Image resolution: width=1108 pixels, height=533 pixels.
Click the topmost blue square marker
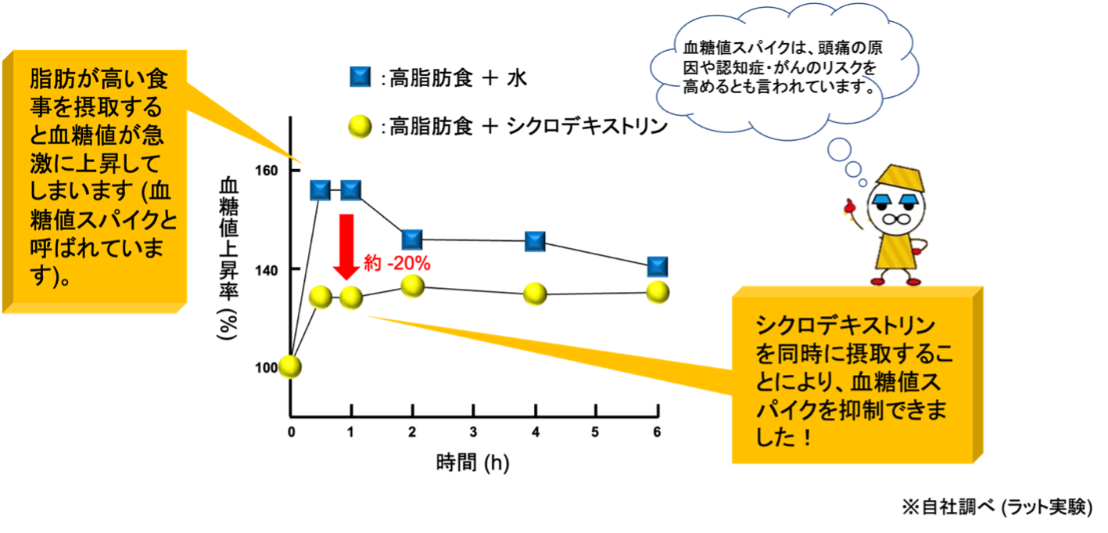point(360,77)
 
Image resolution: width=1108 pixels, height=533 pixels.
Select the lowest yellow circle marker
point(289,367)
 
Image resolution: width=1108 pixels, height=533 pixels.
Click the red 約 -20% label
point(398,265)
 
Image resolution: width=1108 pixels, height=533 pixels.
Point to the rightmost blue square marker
point(657,267)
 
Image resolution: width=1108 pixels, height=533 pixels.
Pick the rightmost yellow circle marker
point(657,293)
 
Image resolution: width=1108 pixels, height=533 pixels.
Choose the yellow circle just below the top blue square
point(360,126)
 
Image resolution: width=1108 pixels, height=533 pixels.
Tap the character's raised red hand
point(850,207)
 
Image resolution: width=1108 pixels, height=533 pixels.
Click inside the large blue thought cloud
point(782,67)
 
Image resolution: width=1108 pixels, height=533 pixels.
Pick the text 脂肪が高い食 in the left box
point(99,79)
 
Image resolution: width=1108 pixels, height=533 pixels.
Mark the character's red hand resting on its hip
point(923,249)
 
